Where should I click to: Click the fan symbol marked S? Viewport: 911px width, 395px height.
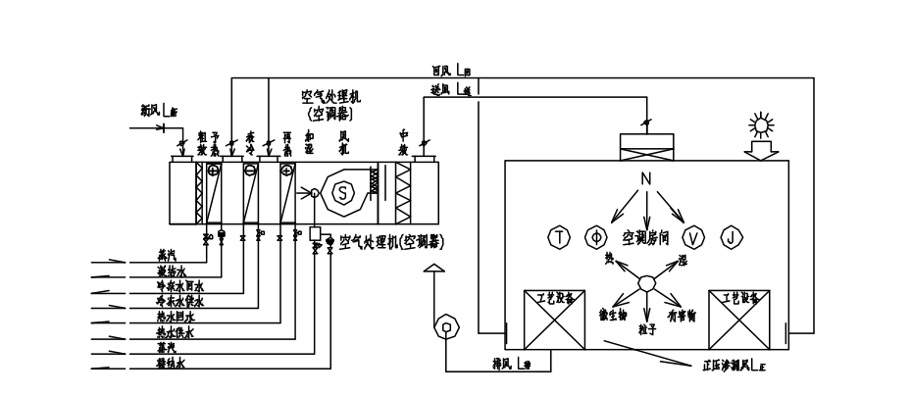[x=343, y=194]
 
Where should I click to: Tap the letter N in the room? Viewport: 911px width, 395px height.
[x=645, y=179]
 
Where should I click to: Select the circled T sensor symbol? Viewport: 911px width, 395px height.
[x=559, y=236]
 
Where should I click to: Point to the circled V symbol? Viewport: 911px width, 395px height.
[x=693, y=236]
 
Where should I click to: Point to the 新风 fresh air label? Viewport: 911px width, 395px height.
[x=152, y=111]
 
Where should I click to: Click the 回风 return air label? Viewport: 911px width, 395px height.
[x=442, y=72]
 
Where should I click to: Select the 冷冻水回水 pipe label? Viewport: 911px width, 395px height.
[x=180, y=287]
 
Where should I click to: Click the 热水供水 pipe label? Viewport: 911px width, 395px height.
[x=177, y=332]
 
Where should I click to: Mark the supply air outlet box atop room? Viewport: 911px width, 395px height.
[x=645, y=145]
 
